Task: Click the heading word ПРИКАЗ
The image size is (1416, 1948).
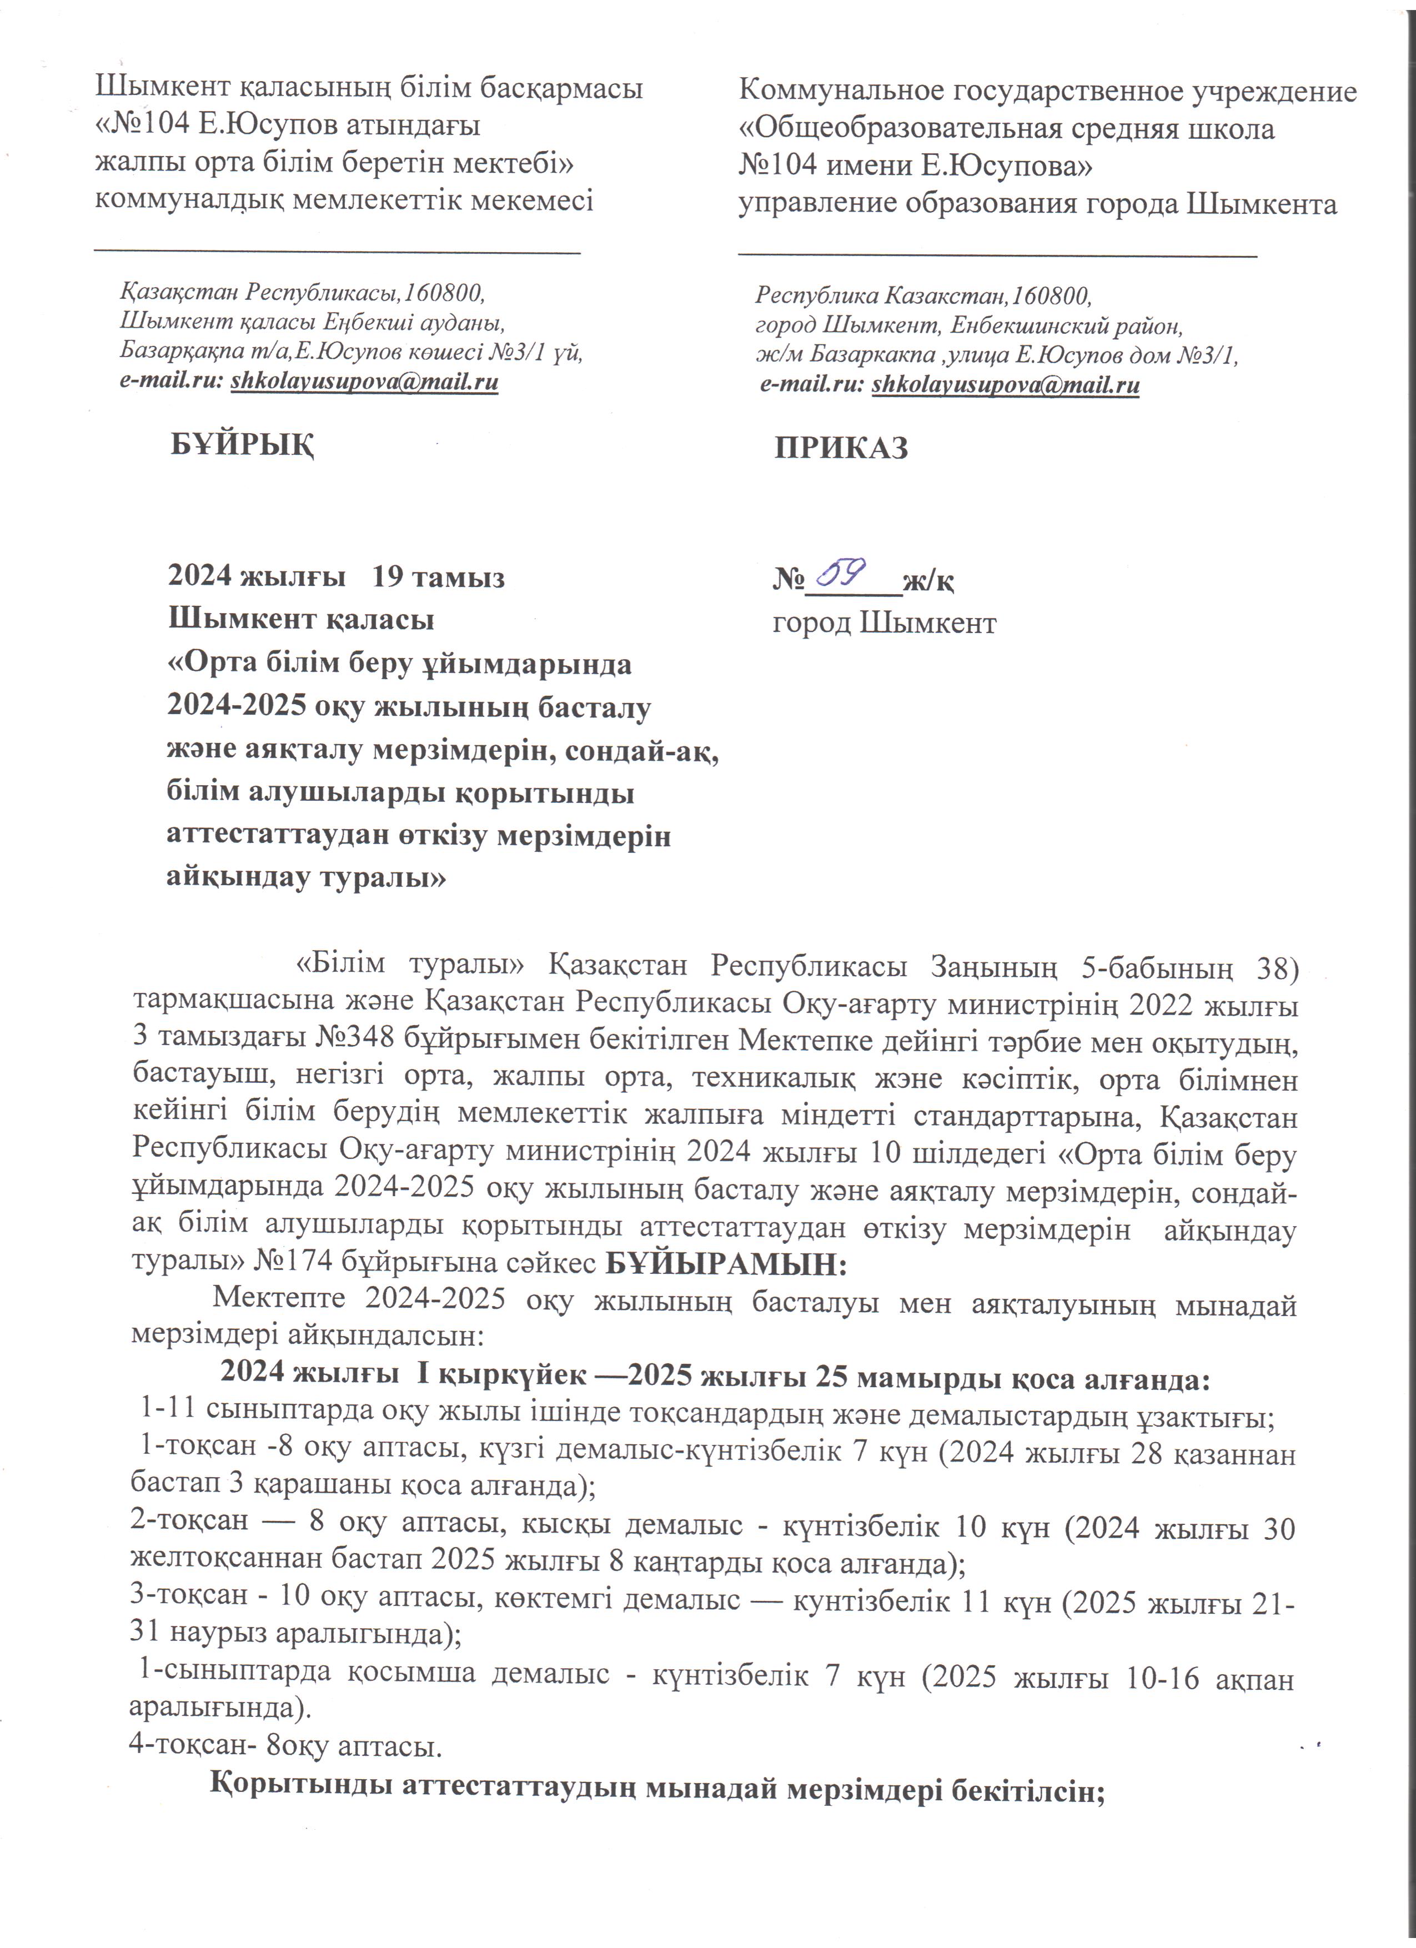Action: coord(841,448)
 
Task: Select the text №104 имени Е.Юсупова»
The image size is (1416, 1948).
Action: coord(915,165)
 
